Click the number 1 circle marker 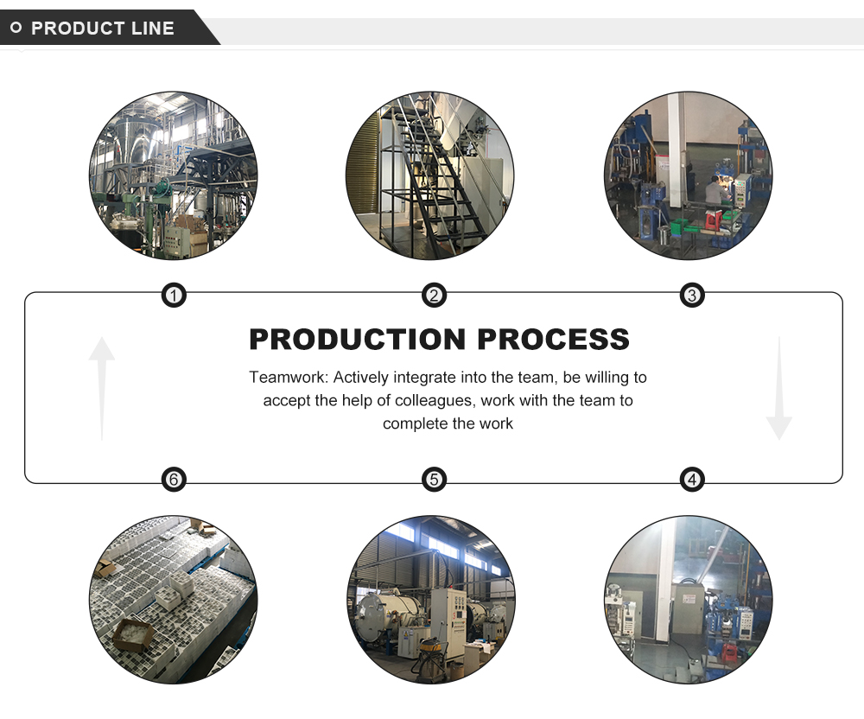tap(175, 296)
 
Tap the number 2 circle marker tap(434, 296)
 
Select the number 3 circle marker tap(691, 296)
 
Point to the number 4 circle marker tap(691, 479)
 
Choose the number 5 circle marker tap(434, 479)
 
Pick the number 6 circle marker tap(175, 479)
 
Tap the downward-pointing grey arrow tap(778, 389)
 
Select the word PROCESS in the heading tap(553, 339)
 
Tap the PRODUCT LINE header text tap(103, 29)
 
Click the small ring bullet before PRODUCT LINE tap(16, 29)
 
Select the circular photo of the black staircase tap(429, 175)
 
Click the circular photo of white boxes tap(173, 600)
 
